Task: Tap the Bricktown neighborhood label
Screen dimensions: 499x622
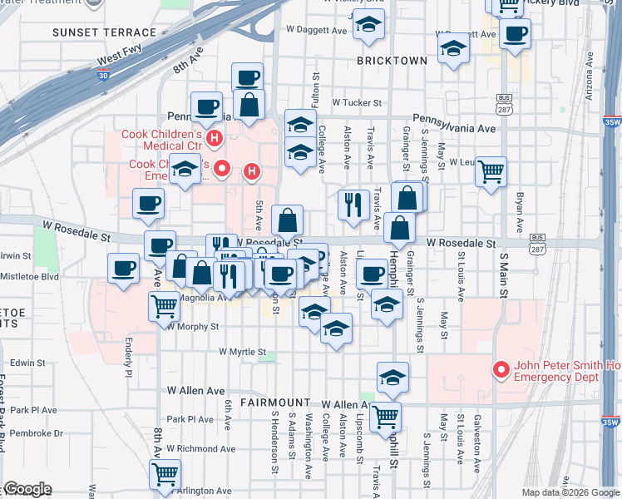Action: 392,61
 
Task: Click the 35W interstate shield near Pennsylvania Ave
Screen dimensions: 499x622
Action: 612,121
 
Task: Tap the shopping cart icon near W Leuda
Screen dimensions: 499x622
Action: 491,171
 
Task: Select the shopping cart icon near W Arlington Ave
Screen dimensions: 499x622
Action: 165,474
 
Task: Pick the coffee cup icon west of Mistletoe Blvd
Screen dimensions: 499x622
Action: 124,268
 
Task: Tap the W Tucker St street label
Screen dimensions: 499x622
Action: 356,103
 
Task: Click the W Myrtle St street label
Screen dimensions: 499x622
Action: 242,352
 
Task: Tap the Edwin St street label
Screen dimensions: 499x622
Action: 28,363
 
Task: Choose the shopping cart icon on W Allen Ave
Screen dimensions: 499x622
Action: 385,415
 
